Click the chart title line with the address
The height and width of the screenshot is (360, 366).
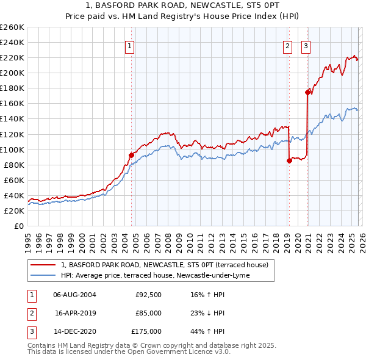[x=183, y=5]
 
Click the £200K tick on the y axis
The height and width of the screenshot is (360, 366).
[x=12, y=73]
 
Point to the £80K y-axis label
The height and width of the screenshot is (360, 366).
[x=14, y=165]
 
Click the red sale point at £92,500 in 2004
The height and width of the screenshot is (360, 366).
[x=131, y=155]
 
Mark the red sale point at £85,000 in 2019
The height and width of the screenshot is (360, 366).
[x=289, y=161]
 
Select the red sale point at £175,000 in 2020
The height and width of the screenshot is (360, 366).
[x=307, y=92]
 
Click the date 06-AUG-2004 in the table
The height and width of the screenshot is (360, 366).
[x=74, y=295]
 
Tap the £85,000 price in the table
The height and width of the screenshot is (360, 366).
[x=148, y=313]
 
